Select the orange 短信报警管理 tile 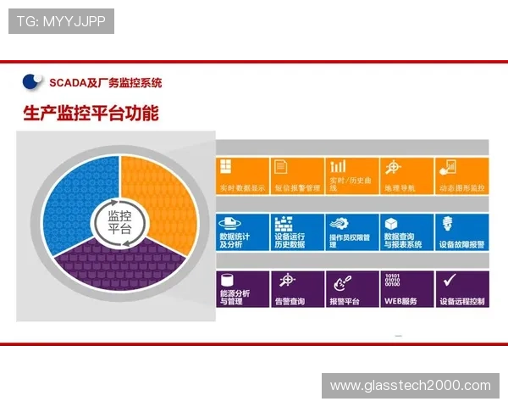(297, 176)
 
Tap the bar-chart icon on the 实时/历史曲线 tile (338, 166)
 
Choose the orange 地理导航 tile (407, 176)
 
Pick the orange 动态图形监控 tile (462, 176)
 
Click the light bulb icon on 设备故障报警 (447, 222)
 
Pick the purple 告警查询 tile (297, 289)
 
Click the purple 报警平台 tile (352, 289)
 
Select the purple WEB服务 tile (407, 289)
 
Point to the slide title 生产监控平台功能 (91, 113)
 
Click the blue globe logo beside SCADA (33, 81)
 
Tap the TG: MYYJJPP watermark (61, 21)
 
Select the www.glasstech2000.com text (410, 386)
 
